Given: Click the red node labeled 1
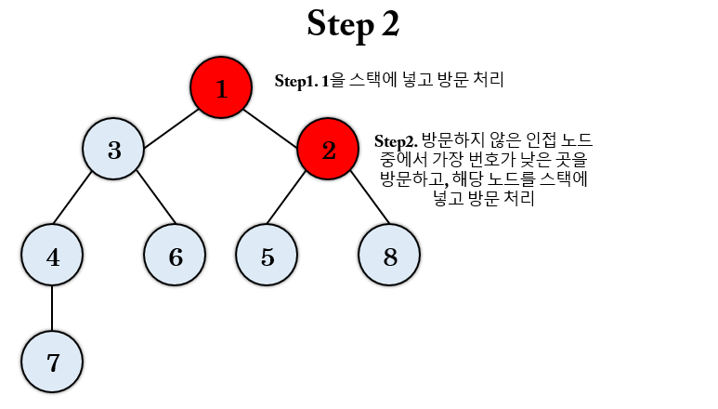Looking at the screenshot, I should [221, 88].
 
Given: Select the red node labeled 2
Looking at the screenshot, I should [328, 150].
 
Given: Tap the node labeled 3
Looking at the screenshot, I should [113, 150].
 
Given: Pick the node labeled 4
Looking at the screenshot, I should [52, 256].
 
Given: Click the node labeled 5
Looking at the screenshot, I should [267, 256].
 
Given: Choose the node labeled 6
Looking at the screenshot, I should [175, 256].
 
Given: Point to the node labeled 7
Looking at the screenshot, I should [52, 362].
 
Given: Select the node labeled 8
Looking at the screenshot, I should [389, 256].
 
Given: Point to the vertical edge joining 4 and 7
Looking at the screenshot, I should [52, 309].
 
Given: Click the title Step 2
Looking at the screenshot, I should [353, 25].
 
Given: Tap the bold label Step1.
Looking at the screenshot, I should [296, 81].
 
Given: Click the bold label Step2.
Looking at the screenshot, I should [396, 141].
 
